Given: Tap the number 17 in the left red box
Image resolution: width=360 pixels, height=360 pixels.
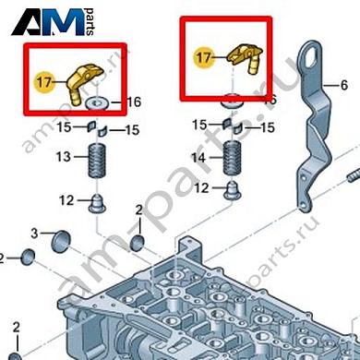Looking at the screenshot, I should click(43, 82).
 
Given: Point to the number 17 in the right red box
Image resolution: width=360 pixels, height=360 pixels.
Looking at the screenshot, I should click(203, 56).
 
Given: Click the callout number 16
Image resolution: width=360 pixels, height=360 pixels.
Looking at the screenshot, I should click(134, 102).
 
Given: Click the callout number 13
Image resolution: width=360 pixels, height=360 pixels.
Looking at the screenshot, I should click(62, 157).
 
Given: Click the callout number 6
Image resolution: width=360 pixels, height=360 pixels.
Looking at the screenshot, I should click(344, 86).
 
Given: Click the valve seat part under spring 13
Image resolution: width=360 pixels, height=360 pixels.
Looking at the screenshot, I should click(95, 200).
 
